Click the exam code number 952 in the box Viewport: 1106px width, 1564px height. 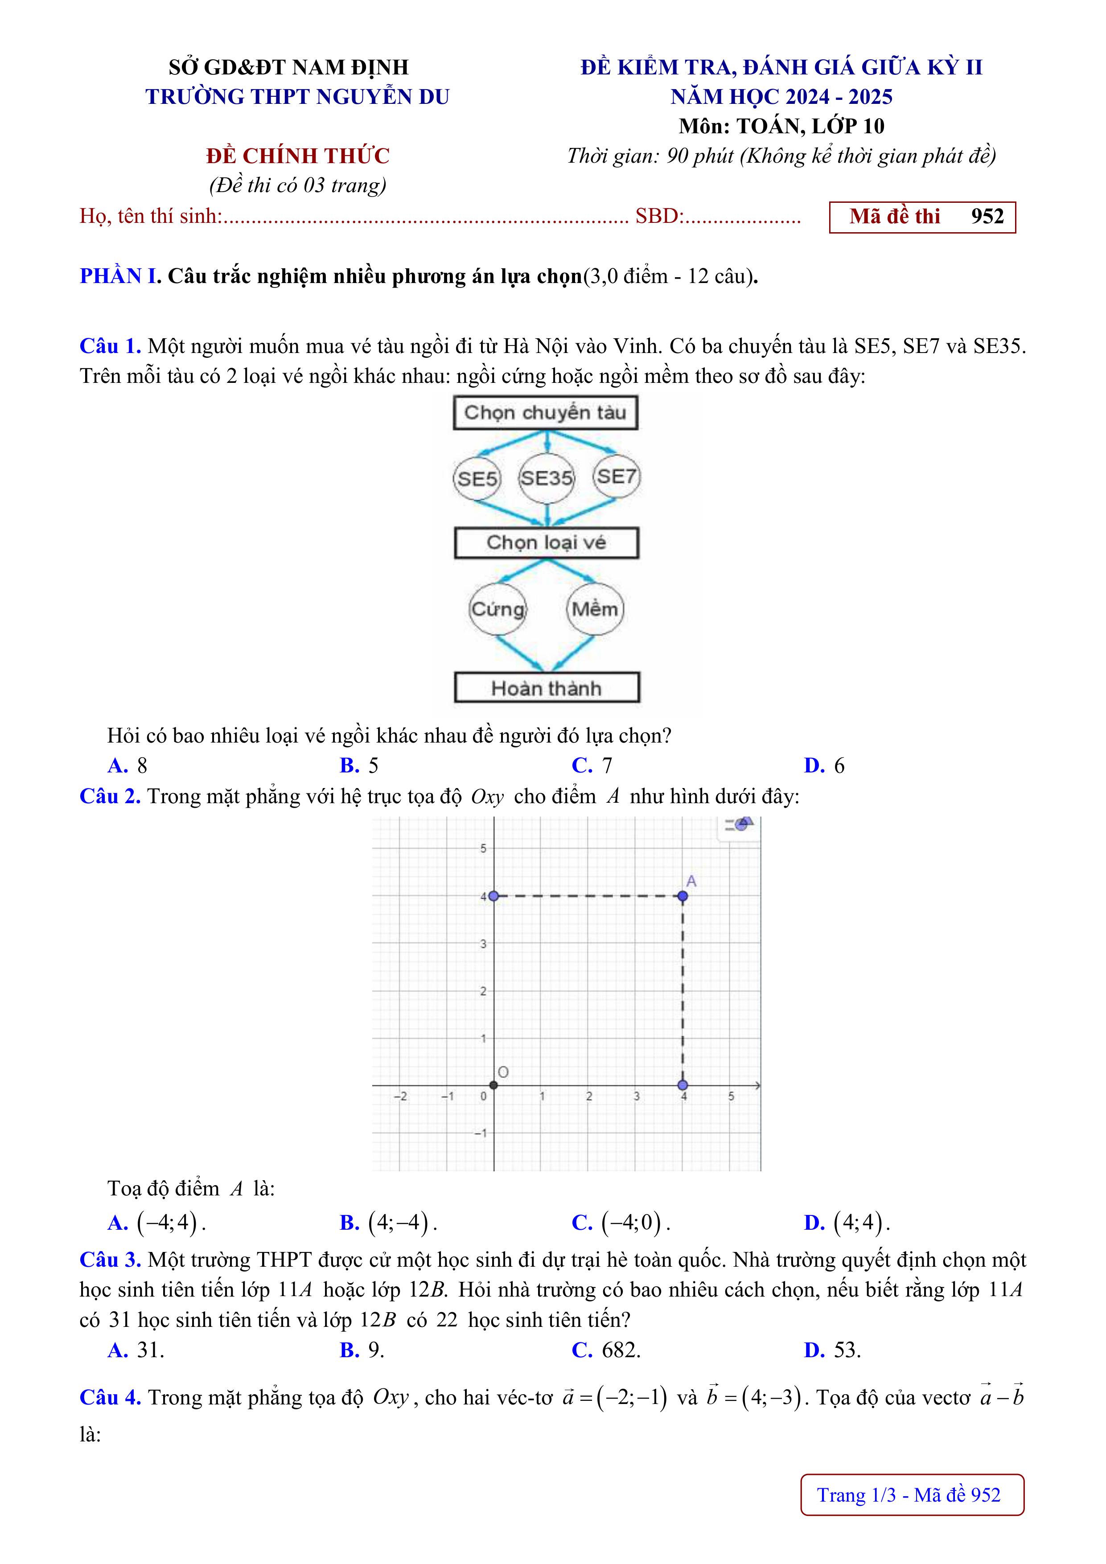987,217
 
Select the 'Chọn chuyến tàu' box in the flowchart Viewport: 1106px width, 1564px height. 545,413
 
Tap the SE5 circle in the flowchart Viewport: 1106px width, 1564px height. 477,478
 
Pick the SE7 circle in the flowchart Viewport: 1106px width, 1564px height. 616,476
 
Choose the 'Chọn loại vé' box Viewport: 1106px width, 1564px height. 547,543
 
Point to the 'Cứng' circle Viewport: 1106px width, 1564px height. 498,609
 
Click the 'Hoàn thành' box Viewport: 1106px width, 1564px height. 547,688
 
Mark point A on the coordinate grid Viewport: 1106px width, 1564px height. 683,896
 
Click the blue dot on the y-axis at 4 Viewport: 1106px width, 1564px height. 494,896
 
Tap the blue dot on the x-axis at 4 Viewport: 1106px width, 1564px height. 683,1085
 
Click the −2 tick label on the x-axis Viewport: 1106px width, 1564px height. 401,1096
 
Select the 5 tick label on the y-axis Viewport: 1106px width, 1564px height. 483,849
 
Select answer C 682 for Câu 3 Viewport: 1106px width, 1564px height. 606,1350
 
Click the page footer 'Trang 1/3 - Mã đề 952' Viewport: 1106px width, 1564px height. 912,1494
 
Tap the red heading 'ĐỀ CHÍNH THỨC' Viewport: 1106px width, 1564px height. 298,156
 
